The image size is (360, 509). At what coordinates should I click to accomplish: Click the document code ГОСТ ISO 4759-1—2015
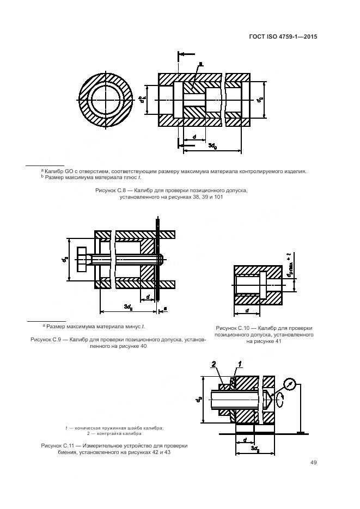[283, 37]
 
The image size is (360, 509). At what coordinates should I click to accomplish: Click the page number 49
[313, 463]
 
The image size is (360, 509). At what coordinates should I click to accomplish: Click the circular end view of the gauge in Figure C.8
[106, 100]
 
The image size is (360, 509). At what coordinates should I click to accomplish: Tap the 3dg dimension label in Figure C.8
[214, 146]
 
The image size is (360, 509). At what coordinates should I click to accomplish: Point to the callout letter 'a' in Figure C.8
[200, 64]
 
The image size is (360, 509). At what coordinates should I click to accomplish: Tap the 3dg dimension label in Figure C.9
[128, 307]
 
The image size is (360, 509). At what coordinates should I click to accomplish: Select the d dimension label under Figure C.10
[247, 310]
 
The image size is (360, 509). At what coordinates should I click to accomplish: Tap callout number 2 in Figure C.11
[215, 364]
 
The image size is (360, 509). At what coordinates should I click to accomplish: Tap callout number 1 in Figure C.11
[238, 364]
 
